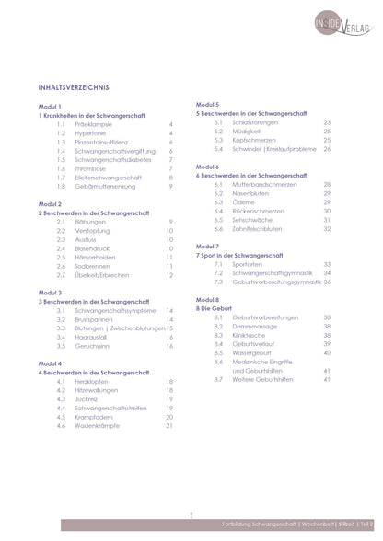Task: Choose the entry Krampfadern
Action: (x=97, y=416)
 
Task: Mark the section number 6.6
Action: (x=218, y=229)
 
